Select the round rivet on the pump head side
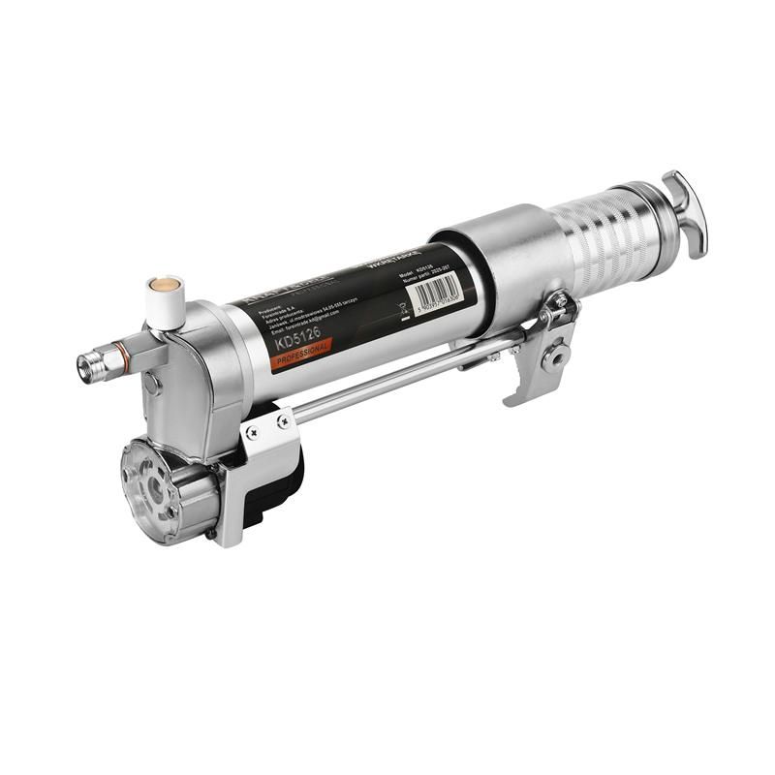149,385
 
